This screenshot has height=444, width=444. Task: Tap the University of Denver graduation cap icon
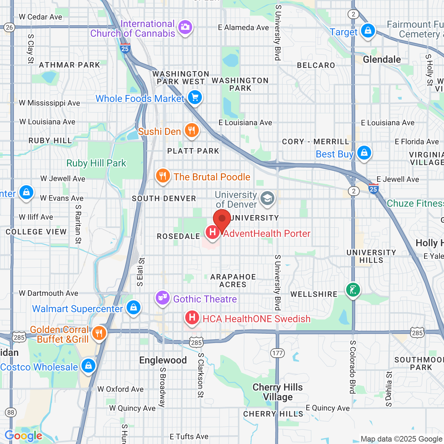tap(267, 199)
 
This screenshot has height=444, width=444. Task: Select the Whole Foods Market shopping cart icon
tap(195, 97)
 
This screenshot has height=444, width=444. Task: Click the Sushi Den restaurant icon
tap(191, 130)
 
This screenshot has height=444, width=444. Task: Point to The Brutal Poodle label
tap(212, 177)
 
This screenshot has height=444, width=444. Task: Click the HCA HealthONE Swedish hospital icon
tap(192, 317)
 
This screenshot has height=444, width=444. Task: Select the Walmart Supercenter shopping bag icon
tap(133, 307)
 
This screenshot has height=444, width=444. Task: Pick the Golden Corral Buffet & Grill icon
tap(99, 333)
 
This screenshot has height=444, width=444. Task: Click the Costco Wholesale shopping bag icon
tap(88, 366)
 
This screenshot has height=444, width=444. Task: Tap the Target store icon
tap(368, 31)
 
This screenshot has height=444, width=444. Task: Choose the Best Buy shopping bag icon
tap(364, 153)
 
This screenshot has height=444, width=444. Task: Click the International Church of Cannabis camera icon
tap(185, 27)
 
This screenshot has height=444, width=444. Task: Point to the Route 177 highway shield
tap(277, 353)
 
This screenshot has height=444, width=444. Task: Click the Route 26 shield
tap(9, 27)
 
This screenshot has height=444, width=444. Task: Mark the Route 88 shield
tap(11, 412)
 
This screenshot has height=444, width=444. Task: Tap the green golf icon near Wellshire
tap(353, 289)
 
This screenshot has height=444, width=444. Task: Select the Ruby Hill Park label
tap(96, 163)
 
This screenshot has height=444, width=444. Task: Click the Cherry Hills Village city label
tap(277, 392)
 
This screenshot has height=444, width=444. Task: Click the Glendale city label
tap(382, 60)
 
